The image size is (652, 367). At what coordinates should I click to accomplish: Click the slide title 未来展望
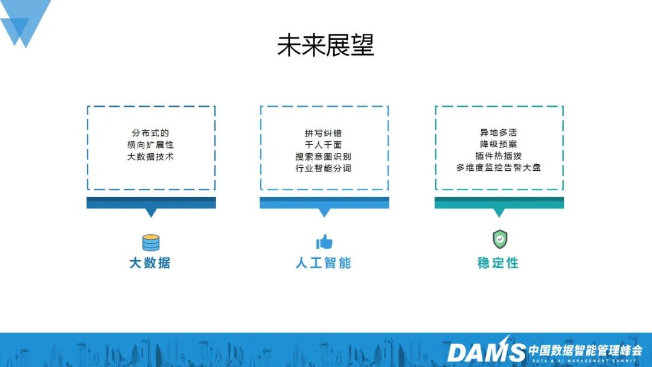click(325, 46)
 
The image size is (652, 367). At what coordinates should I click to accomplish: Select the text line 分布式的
click(151, 133)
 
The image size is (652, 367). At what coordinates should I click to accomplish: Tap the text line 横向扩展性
click(151, 145)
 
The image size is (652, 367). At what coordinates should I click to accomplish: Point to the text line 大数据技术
click(151, 156)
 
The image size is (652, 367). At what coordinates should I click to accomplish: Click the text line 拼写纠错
click(324, 133)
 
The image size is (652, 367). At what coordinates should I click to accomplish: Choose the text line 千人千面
click(324, 145)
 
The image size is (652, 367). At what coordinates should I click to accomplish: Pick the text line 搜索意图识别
click(324, 156)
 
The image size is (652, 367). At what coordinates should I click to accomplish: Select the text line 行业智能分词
click(324, 168)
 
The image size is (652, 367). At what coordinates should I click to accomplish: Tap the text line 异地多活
click(499, 133)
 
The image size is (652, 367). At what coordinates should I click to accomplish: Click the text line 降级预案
click(499, 145)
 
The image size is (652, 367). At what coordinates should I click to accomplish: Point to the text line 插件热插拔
click(499, 156)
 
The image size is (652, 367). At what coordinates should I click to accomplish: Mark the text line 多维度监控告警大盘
click(499, 168)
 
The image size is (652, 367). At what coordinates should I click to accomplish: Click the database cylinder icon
click(151, 243)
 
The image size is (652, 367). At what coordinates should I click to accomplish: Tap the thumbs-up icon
click(324, 242)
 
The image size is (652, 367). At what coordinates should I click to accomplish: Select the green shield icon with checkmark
click(499, 240)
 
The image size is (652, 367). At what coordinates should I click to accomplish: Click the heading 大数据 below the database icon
click(150, 263)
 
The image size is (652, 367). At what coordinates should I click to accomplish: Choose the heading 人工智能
click(324, 263)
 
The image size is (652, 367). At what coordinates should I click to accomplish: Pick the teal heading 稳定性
click(498, 263)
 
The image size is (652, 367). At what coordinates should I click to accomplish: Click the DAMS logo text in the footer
click(486, 351)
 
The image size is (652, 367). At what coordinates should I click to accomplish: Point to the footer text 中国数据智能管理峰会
click(586, 349)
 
